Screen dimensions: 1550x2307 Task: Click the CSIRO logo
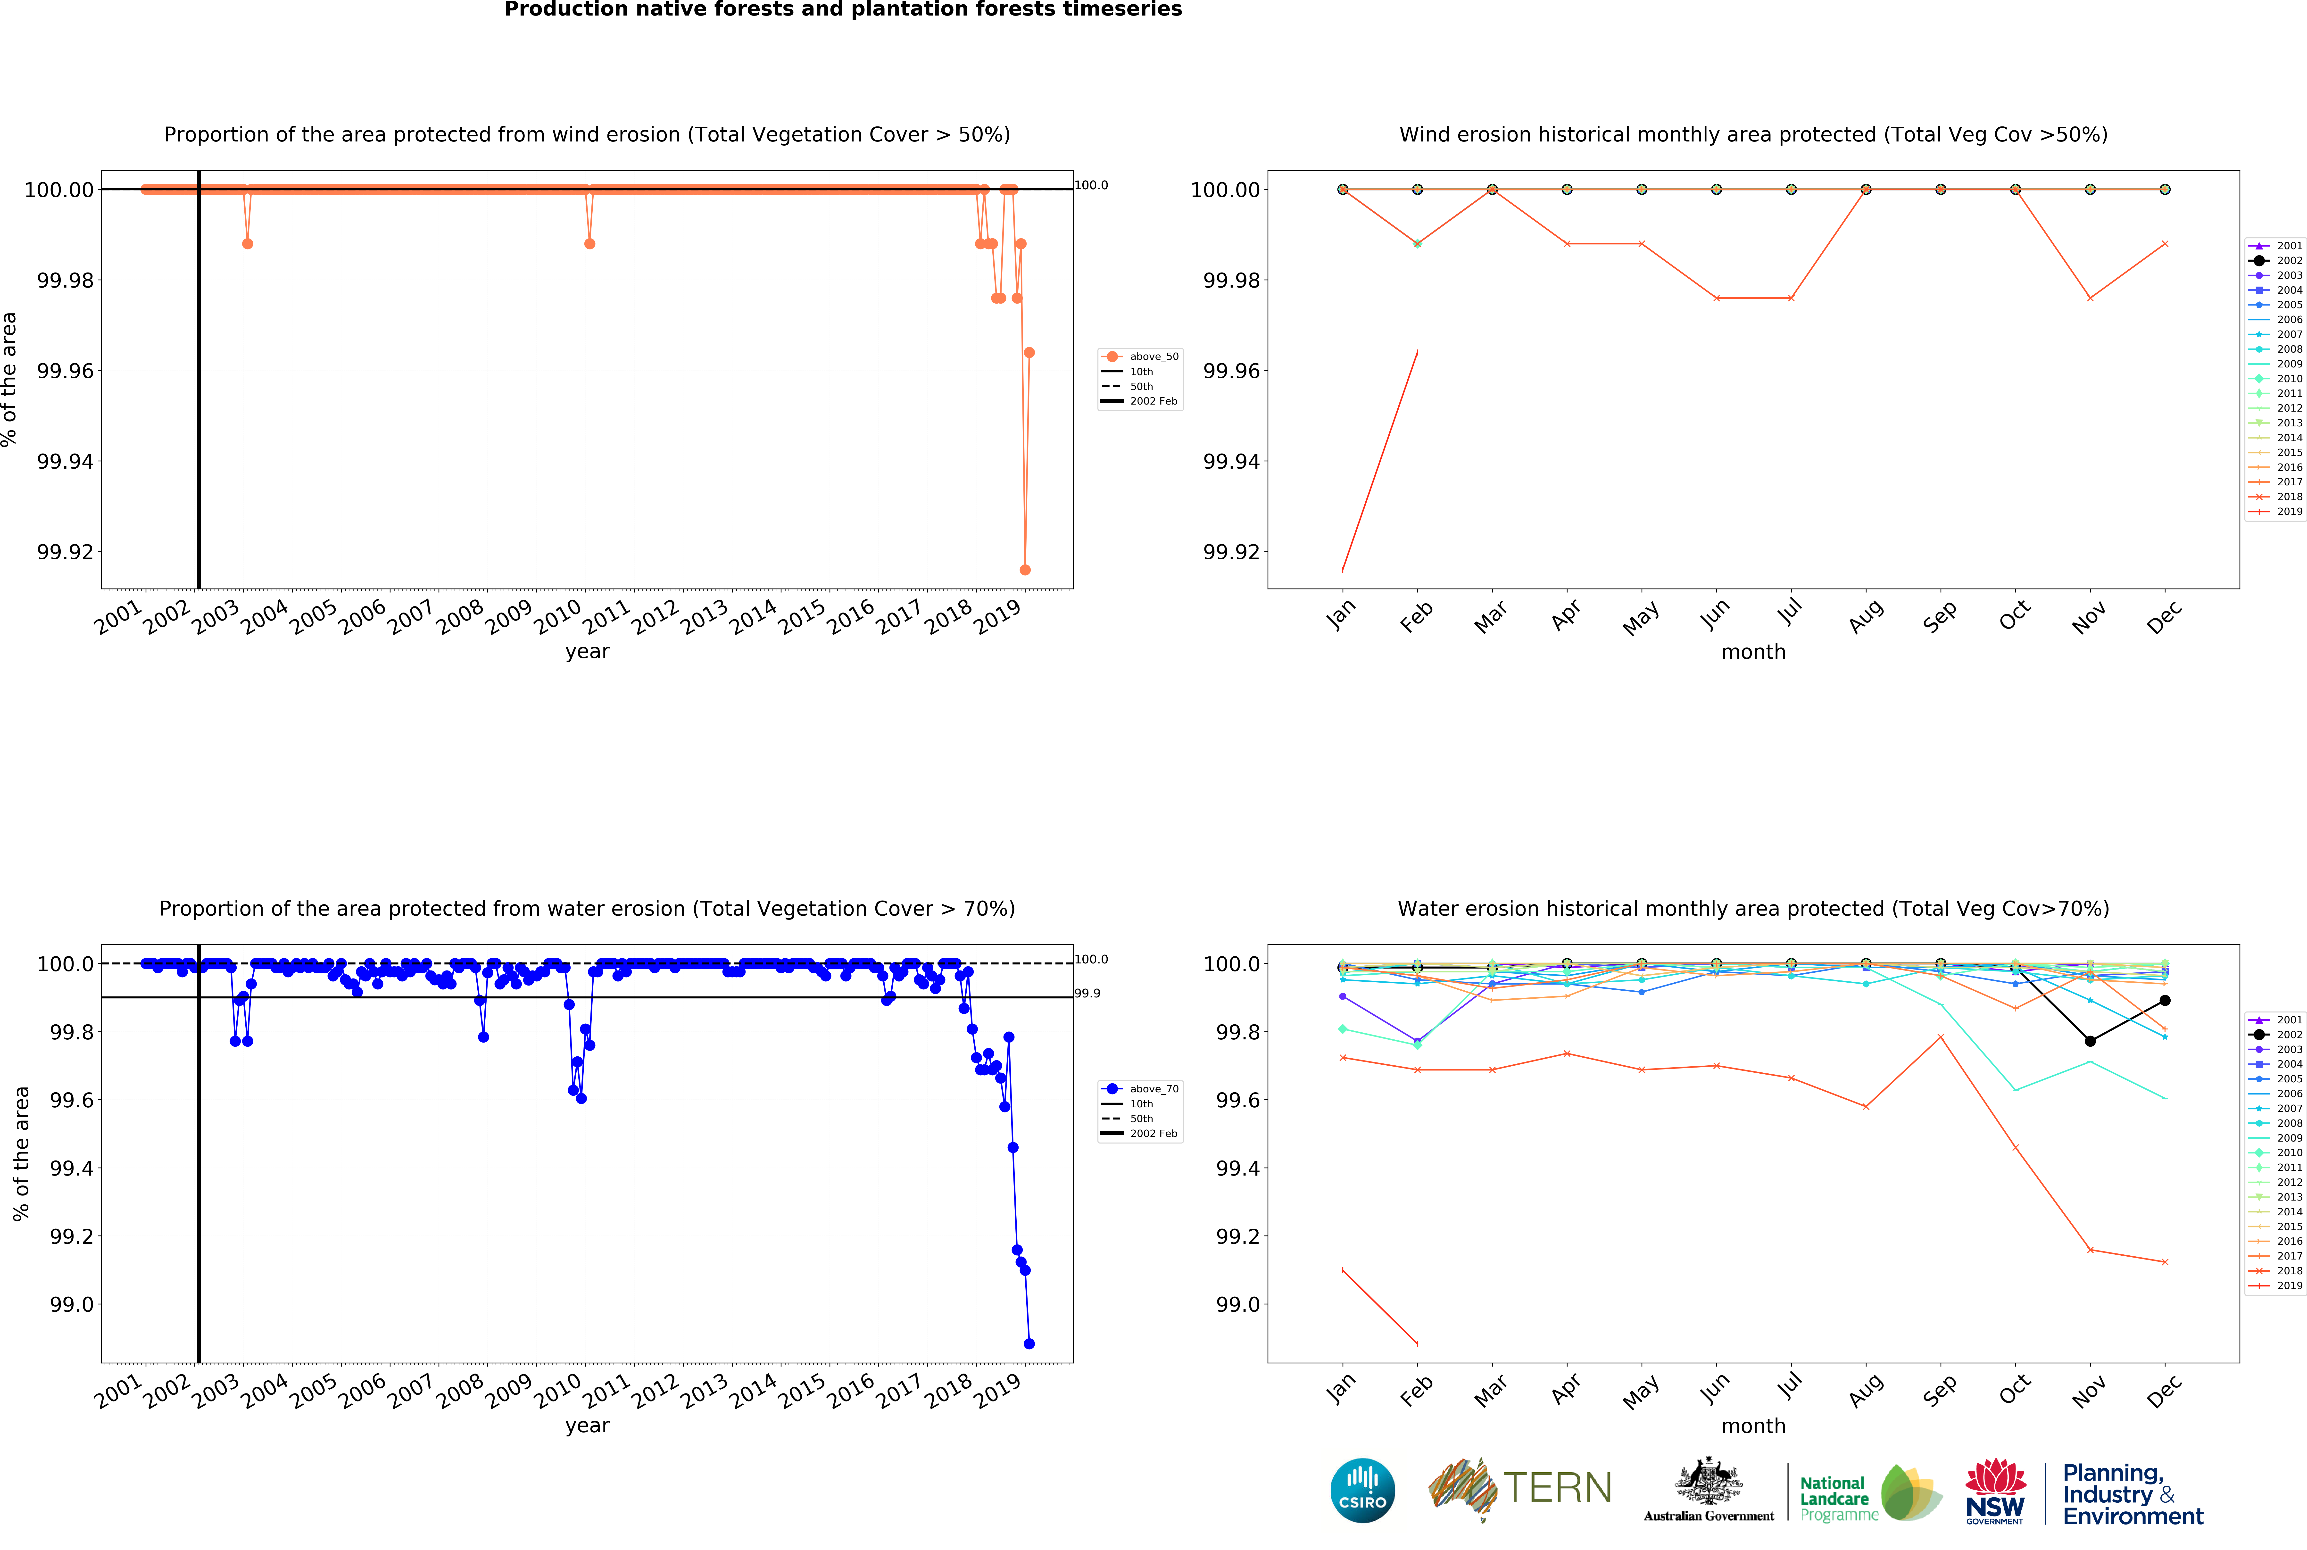(x=1362, y=1490)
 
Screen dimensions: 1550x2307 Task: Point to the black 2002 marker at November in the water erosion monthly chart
(x=2090, y=1041)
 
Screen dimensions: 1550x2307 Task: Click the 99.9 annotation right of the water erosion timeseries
(x=1087, y=994)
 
